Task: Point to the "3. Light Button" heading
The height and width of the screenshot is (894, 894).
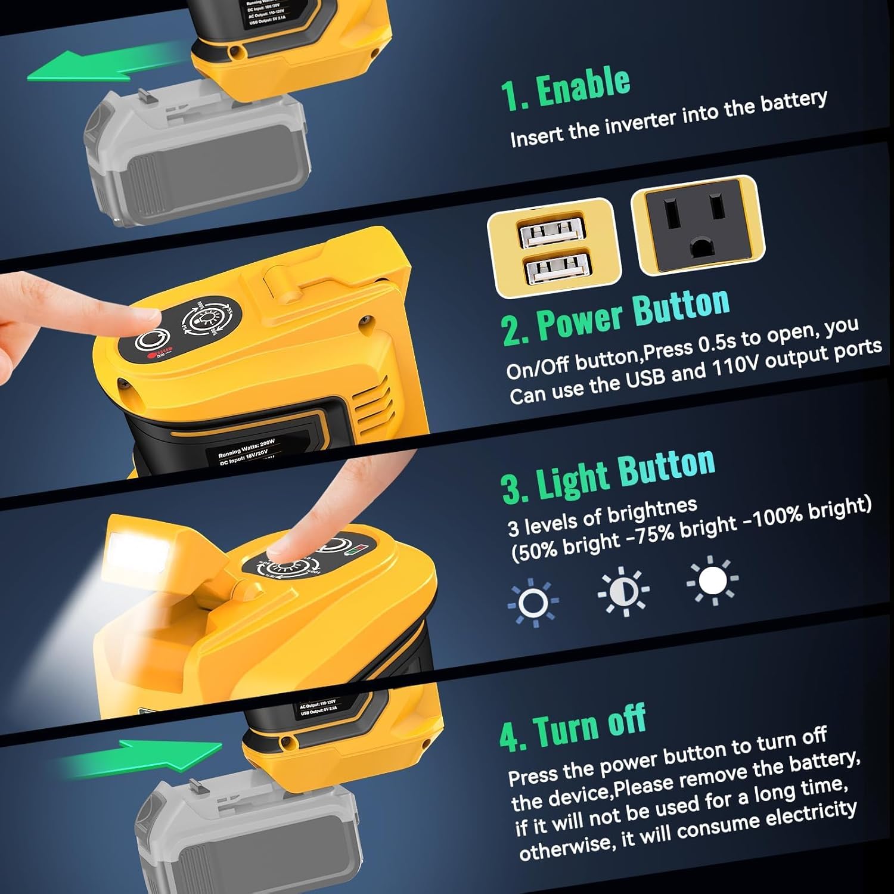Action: (608, 477)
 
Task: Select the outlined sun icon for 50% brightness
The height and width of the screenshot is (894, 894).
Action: (533, 603)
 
